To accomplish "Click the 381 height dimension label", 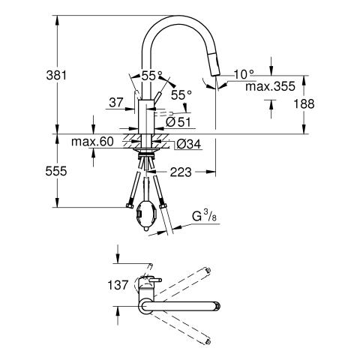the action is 56,75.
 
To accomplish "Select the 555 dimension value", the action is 56,171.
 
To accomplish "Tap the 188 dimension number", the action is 304,103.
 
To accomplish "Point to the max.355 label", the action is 270,86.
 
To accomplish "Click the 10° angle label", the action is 244,74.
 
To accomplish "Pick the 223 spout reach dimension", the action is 181,172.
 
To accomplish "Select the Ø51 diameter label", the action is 178,122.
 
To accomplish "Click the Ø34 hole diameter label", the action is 188,144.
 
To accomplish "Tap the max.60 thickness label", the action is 92,142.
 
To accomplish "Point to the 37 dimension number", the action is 116,103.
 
